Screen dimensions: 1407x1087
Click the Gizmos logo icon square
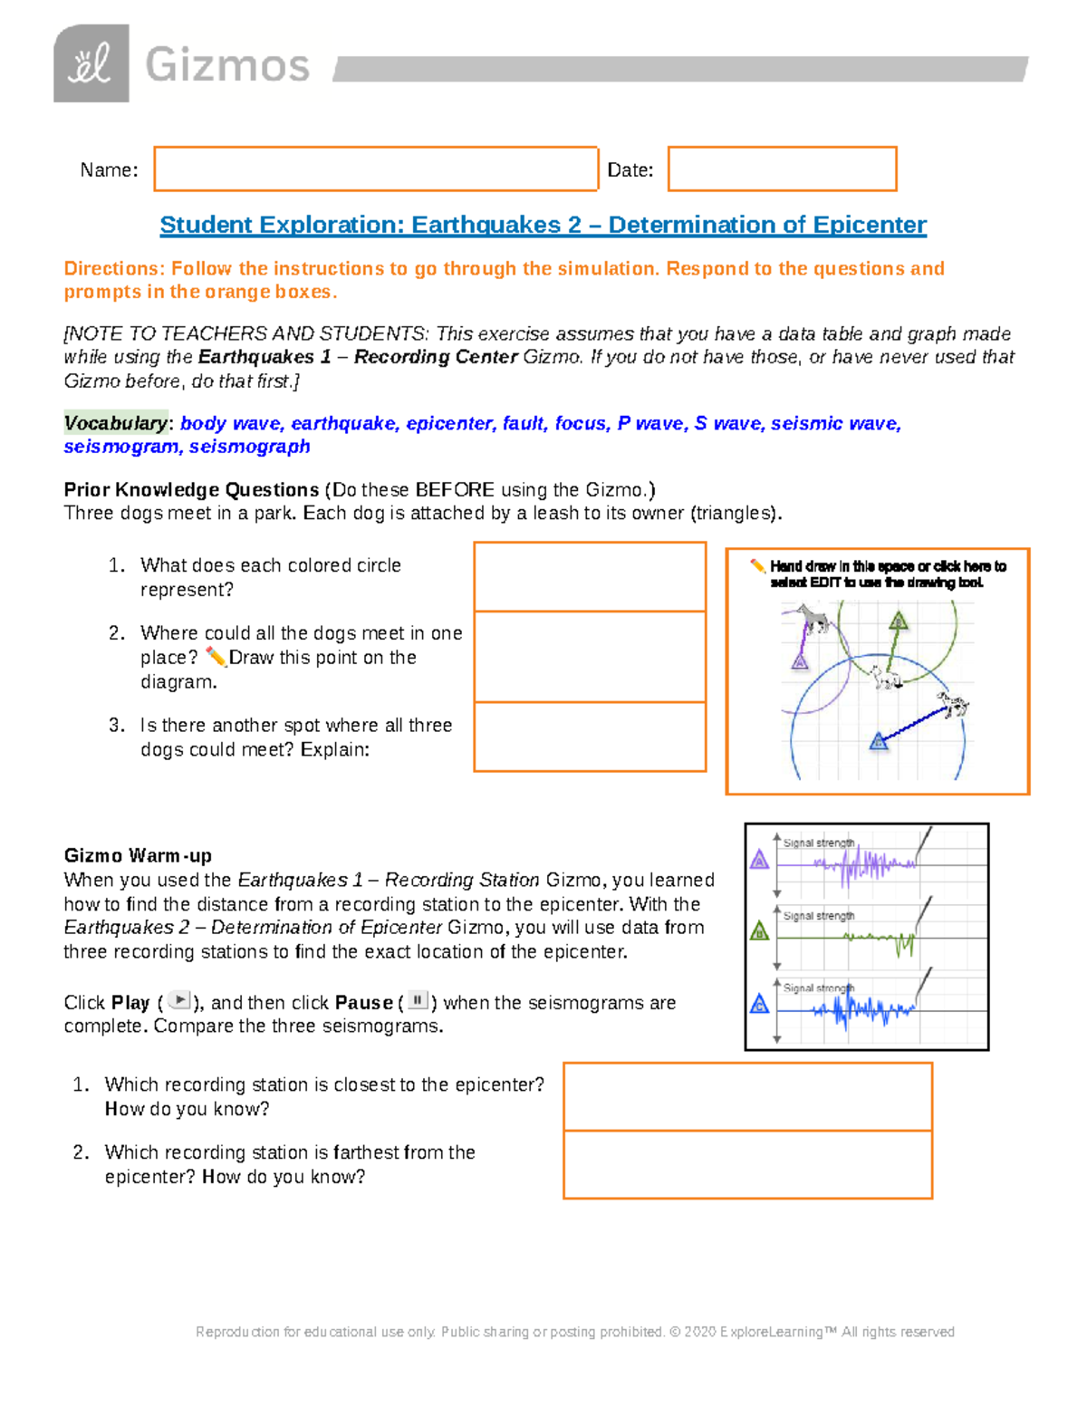pyautogui.click(x=91, y=63)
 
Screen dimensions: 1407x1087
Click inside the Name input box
pyautogui.click(x=375, y=169)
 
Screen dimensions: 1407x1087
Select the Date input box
pyautogui.click(x=782, y=169)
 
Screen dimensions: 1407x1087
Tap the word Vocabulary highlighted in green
pyautogui.click(x=115, y=423)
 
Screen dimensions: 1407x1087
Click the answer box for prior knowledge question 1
pyautogui.click(x=590, y=577)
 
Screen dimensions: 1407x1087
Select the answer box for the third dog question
pyautogui.click(x=590, y=737)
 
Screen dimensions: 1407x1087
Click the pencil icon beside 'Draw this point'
pyautogui.click(x=216, y=656)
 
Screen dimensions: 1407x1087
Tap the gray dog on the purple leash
pyautogui.click(x=814, y=620)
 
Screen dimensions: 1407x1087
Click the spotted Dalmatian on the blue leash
pyautogui.click(x=954, y=704)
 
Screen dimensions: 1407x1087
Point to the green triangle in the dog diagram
pyautogui.click(x=898, y=622)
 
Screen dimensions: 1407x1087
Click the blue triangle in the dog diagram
pyautogui.click(x=878, y=742)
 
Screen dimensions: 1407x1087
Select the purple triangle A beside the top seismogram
pyautogui.click(x=760, y=860)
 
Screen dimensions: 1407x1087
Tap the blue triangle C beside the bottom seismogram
pyautogui.click(x=760, y=1004)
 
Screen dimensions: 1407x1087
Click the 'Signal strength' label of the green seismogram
pyautogui.click(x=819, y=916)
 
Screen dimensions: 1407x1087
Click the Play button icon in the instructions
pyautogui.click(x=180, y=1001)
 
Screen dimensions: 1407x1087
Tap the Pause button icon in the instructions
pyautogui.click(x=418, y=1001)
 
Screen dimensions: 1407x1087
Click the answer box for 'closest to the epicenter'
pyautogui.click(x=747, y=1097)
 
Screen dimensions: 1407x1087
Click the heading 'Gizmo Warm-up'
pyautogui.click(x=138, y=856)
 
